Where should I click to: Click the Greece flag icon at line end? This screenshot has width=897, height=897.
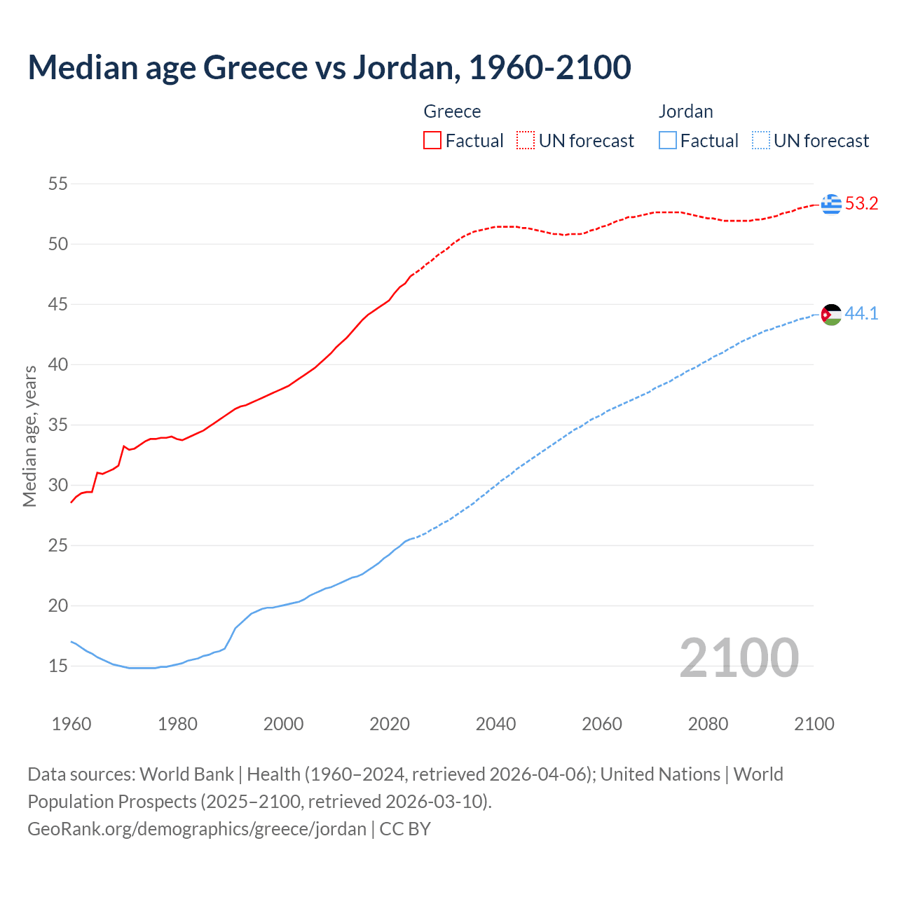[x=831, y=204]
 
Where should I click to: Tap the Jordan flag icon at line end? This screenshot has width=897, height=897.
[x=831, y=315]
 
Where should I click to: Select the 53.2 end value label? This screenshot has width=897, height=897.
[x=861, y=204]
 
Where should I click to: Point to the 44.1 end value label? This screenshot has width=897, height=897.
[x=861, y=314]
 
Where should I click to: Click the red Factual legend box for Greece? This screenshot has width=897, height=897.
[x=432, y=141]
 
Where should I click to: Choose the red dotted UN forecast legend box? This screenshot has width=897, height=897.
[x=526, y=141]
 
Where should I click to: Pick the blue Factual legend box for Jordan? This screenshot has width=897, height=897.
[x=668, y=141]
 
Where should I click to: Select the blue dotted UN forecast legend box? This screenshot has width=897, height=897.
[x=761, y=141]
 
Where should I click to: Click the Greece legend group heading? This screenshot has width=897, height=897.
[x=452, y=111]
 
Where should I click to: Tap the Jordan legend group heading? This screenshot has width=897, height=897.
[x=685, y=111]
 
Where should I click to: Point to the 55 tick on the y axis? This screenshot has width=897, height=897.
[x=57, y=184]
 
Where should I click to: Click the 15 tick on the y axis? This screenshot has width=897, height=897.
[x=57, y=666]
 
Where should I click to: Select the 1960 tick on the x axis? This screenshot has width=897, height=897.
[x=71, y=724]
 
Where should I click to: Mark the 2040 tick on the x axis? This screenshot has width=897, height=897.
[x=495, y=724]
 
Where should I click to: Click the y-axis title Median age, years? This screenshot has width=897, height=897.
[x=29, y=436]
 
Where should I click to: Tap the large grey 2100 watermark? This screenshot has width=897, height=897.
[x=739, y=657]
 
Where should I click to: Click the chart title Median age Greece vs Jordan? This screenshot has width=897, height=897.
[x=329, y=67]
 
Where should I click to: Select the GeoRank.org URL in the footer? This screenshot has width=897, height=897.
[x=197, y=829]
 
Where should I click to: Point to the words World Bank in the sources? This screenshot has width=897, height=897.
[x=186, y=774]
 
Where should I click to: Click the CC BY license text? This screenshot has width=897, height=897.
[x=405, y=829]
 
